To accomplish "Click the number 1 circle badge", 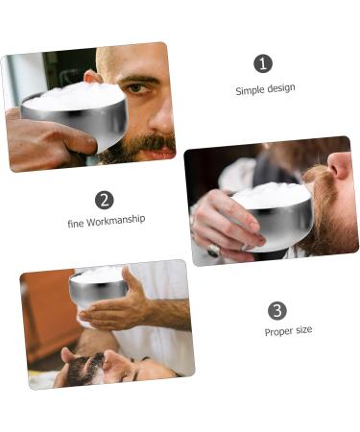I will (x=263, y=63).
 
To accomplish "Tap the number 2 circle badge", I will (x=105, y=200).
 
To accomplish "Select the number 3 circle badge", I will (x=277, y=310).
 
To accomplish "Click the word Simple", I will (x=251, y=89).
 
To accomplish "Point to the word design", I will (x=281, y=89).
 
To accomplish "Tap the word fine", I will (x=76, y=223).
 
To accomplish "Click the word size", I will (x=303, y=331).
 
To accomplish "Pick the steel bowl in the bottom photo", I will (x=97, y=289).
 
